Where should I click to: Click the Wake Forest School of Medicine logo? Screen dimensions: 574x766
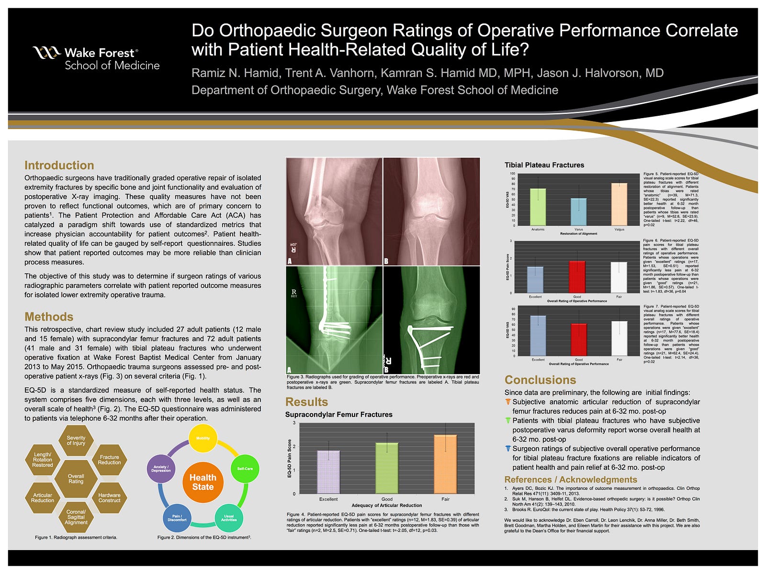point(96,59)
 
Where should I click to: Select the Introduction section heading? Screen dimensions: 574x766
point(59,166)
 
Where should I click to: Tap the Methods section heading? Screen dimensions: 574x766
point(49,317)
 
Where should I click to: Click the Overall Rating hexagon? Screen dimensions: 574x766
point(76,479)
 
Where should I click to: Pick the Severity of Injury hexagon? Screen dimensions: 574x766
point(76,441)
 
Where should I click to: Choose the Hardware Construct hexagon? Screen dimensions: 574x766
point(109,498)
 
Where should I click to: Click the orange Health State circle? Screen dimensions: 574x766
point(203,482)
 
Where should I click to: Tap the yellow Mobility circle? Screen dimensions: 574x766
point(203,438)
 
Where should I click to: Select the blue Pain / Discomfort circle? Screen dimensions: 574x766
point(177,518)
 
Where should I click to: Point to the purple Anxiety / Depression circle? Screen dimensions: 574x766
point(161,468)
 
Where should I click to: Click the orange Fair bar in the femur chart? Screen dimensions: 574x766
point(445,464)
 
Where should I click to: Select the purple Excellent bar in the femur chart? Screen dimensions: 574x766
point(328,472)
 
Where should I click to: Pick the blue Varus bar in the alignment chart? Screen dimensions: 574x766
point(579,212)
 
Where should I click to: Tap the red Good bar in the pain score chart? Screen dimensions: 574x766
point(577,277)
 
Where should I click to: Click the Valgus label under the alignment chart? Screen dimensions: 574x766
point(619,230)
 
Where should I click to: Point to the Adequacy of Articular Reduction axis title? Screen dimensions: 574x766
point(387,505)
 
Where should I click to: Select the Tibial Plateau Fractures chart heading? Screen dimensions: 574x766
point(544,165)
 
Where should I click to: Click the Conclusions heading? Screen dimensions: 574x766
point(540,380)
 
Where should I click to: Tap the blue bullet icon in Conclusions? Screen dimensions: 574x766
point(508,449)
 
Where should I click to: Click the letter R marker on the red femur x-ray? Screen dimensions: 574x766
point(293,249)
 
